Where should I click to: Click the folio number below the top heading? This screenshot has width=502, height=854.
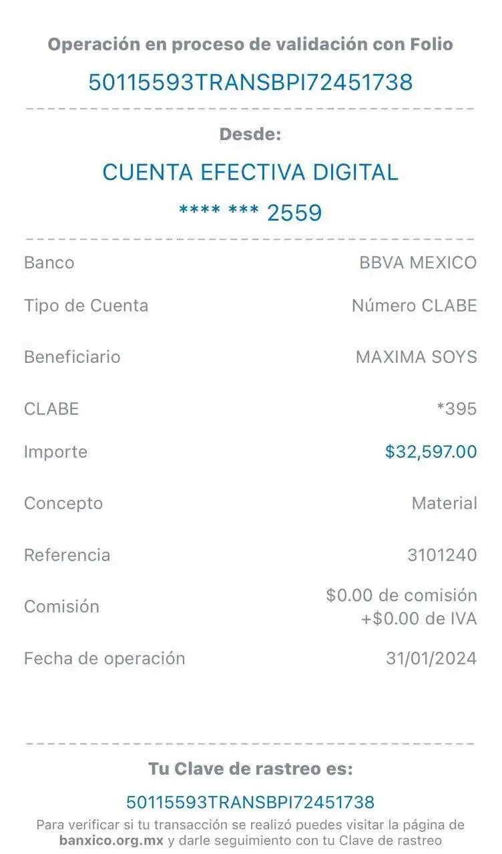click(x=250, y=82)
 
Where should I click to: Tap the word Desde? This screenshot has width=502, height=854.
click(x=251, y=134)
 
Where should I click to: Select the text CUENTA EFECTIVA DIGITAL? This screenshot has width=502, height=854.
click(x=250, y=172)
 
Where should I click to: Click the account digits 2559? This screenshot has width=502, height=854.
click(x=294, y=213)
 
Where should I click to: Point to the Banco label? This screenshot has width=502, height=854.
click(x=49, y=262)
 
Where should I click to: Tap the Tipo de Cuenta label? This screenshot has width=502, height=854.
click(x=86, y=306)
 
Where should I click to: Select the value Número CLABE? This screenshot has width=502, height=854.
click(x=415, y=306)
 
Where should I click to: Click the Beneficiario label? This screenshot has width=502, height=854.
click(x=72, y=357)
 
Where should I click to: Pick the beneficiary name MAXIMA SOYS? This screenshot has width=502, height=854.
click(x=416, y=357)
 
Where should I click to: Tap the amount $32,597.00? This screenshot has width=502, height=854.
click(x=431, y=452)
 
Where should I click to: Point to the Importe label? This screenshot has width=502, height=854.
click(x=55, y=452)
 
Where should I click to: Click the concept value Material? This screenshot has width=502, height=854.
click(x=444, y=503)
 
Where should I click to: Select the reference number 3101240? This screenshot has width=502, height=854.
click(x=443, y=554)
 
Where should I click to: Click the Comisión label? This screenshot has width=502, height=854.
click(x=61, y=606)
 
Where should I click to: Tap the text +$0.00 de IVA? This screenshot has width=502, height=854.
click(x=419, y=619)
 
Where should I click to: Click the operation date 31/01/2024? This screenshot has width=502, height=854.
click(x=431, y=659)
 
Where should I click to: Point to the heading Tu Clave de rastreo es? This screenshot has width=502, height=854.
click(x=250, y=769)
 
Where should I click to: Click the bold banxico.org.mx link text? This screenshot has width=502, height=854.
click(x=111, y=841)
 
